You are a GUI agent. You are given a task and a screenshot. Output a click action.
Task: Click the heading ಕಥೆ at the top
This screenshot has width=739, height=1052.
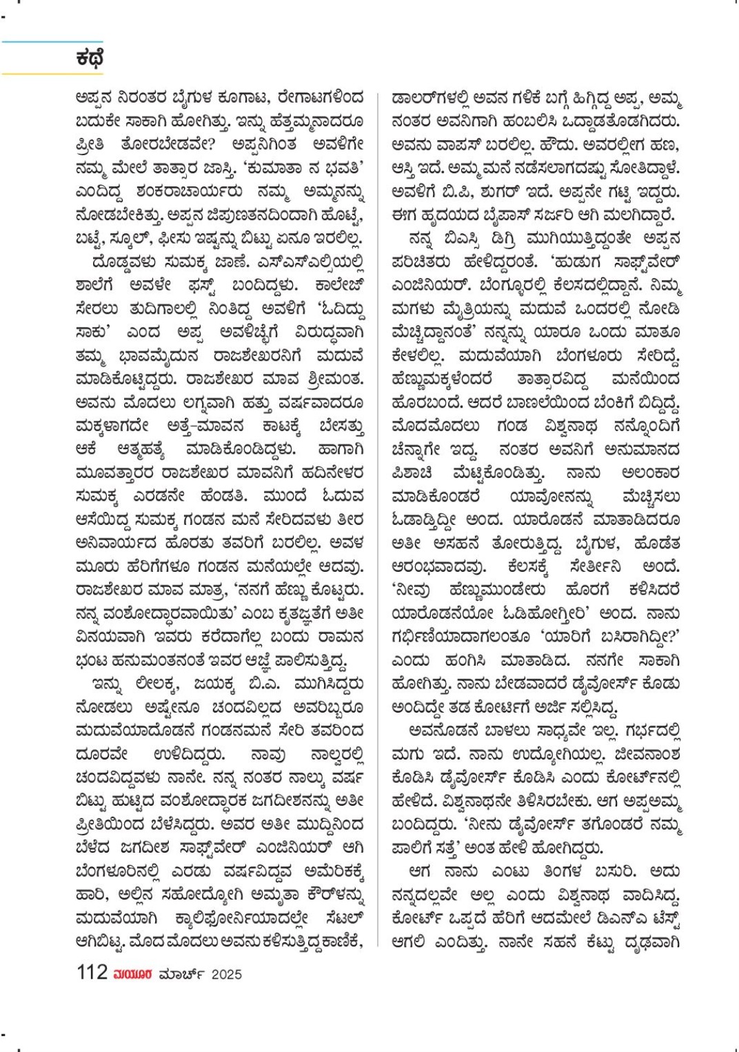pos(90,58)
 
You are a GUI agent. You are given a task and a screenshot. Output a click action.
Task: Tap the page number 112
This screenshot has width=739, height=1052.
pos(92,973)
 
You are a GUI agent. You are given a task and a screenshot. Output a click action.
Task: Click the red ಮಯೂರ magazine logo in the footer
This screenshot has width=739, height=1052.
pos(133,974)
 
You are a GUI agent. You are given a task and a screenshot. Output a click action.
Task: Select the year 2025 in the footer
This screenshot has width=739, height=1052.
pos(227,974)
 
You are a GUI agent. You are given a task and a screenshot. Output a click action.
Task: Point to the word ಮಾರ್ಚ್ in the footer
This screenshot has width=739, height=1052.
pos(181,974)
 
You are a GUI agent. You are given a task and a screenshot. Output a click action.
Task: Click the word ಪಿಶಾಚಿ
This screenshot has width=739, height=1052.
pos(412,473)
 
